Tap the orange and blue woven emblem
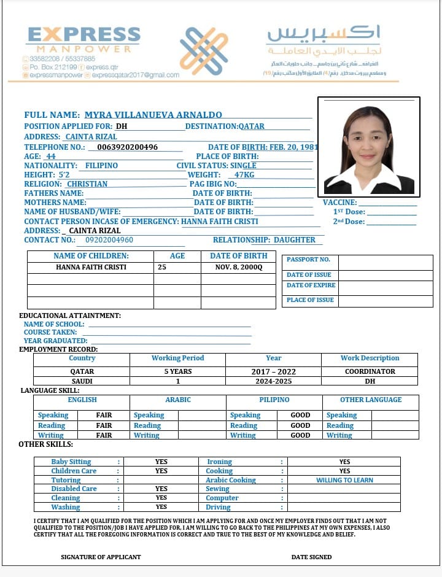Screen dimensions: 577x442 204,51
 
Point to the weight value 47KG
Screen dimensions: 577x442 244,175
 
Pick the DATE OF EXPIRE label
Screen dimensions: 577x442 311,285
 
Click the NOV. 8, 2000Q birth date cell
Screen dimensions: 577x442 238,267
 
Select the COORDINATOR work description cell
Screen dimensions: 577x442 370,371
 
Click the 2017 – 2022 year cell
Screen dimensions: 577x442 273,371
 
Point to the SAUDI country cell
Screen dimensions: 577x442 82,381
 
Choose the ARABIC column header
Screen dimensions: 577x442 178,400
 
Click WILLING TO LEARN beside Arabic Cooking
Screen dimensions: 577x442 344,480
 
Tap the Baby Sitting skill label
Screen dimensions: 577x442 71,462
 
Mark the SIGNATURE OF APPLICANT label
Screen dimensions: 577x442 101,557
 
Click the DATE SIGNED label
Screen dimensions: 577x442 311,557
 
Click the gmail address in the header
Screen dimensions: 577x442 136,75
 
